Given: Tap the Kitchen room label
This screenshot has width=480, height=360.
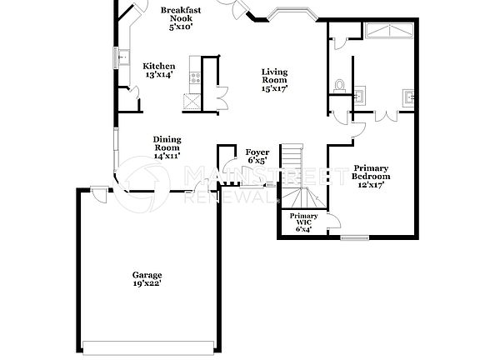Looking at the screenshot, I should point(158,67).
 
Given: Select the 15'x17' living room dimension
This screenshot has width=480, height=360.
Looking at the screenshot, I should point(274,89).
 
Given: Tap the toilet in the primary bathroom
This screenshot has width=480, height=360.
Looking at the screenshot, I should point(339,84).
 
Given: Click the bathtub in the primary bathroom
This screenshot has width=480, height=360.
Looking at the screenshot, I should point(388,32).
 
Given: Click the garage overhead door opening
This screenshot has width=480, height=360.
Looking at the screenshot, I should point(150,346).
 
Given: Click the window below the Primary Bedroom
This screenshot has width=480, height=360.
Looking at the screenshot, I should point(354,238).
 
